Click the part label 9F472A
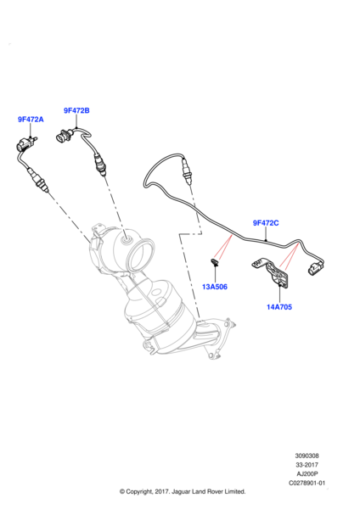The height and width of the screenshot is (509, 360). [31, 120]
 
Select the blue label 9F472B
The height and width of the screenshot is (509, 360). [76, 110]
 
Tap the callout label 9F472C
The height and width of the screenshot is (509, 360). [266, 223]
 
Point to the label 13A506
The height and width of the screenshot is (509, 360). [215, 287]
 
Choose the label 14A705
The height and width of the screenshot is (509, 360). [279, 307]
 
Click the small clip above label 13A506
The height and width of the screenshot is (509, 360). [215, 262]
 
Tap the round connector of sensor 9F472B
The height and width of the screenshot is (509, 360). [63, 136]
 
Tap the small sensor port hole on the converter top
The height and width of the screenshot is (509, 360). [126, 241]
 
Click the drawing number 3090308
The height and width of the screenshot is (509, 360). [307, 456]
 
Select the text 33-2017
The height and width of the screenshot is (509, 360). [307, 465]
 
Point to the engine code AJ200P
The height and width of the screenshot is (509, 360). [307, 474]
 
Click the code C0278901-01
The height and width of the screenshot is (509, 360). [307, 483]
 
